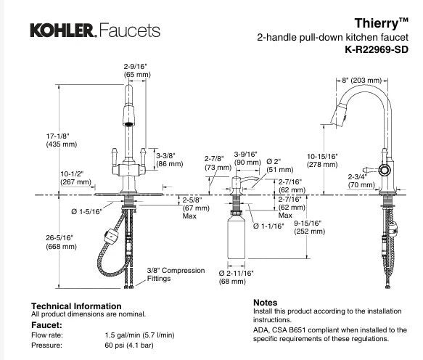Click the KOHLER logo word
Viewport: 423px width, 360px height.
63,30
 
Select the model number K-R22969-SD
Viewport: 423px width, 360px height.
377,49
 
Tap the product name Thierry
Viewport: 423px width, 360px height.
377,23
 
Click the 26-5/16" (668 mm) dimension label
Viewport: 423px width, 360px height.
61,242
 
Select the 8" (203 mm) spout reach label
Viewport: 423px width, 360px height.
361,81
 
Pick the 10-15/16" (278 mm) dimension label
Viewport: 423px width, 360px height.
322,160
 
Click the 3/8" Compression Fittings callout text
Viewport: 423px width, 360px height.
176,274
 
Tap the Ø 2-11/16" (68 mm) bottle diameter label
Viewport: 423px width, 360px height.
236,277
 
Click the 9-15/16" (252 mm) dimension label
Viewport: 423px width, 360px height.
309,227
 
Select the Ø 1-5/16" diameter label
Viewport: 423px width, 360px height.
86,212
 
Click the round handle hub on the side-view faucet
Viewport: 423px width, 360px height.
385,170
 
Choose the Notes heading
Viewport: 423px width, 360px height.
265,303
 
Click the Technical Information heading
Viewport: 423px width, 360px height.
76,306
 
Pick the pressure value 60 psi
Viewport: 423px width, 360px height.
114,345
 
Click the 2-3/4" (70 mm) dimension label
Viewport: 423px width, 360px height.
361,181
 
